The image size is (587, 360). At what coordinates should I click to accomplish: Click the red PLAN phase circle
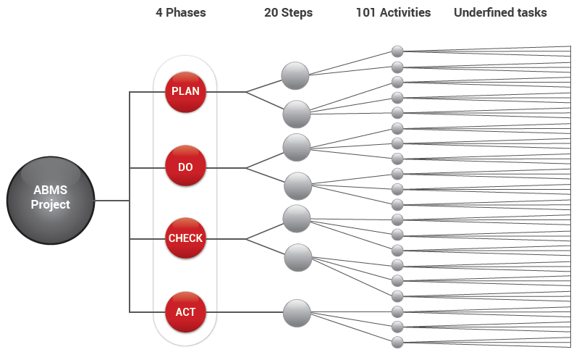click(x=185, y=92)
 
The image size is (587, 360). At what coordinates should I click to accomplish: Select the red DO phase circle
click(x=185, y=167)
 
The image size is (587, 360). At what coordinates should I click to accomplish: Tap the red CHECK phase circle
click(x=185, y=238)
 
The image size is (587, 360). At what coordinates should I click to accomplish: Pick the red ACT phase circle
click(x=185, y=312)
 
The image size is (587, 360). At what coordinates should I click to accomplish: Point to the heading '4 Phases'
click(x=180, y=12)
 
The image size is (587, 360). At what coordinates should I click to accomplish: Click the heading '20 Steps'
click(x=288, y=12)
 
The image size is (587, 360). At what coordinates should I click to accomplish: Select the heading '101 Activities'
click(x=393, y=12)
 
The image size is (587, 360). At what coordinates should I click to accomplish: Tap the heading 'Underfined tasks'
click(x=500, y=12)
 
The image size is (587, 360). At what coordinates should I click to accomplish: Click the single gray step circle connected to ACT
click(x=297, y=313)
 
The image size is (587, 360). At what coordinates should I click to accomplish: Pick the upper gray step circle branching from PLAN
click(x=295, y=75)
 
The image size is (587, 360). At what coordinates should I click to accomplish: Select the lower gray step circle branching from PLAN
click(x=297, y=114)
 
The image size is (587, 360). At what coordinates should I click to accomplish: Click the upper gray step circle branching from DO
click(x=297, y=147)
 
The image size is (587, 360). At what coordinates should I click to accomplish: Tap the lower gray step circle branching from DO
click(x=297, y=186)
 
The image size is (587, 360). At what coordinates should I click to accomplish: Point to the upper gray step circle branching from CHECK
click(x=297, y=218)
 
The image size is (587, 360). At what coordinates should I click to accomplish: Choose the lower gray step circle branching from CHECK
click(x=297, y=257)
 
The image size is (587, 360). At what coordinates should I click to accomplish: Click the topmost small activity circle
click(x=397, y=51)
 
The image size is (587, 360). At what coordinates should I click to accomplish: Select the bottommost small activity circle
click(x=397, y=342)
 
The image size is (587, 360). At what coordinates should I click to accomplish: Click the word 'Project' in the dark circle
click(x=51, y=205)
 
